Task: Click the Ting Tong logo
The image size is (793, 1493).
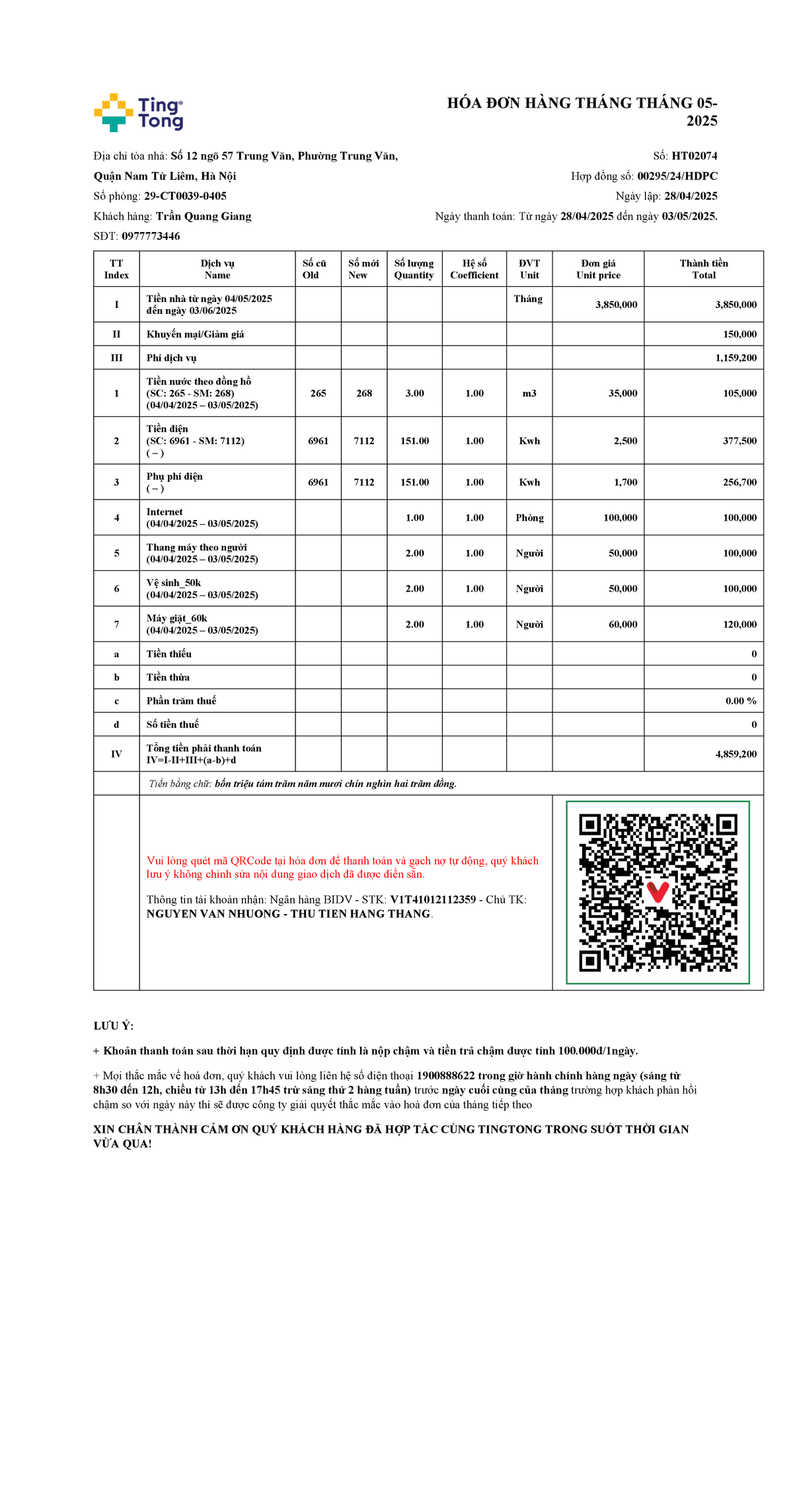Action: pyautogui.click(x=138, y=112)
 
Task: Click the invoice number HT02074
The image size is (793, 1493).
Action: pyautogui.click(x=694, y=156)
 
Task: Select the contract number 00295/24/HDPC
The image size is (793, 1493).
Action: pyautogui.click(x=677, y=176)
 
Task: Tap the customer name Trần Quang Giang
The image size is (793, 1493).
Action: pyautogui.click(x=204, y=216)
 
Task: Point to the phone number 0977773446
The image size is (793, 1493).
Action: pyautogui.click(x=151, y=236)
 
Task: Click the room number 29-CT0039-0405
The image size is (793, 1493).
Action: pyautogui.click(x=185, y=196)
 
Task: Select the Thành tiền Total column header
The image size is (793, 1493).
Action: pyautogui.click(x=703, y=269)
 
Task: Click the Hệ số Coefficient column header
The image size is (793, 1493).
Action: pyautogui.click(x=474, y=269)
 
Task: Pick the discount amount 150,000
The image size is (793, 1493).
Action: pyautogui.click(x=739, y=334)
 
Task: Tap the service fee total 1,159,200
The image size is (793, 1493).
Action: pyautogui.click(x=736, y=358)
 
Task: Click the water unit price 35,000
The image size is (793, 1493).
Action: pyautogui.click(x=623, y=393)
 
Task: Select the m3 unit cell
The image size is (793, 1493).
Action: pyautogui.click(x=529, y=393)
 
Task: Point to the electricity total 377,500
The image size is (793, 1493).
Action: pyautogui.click(x=739, y=441)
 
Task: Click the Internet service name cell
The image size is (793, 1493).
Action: pyautogui.click(x=202, y=517)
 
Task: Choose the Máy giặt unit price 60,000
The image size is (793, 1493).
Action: pyautogui.click(x=623, y=625)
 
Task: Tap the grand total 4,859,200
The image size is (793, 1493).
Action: pyautogui.click(x=736, y=754)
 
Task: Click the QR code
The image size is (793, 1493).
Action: pyautogui.click(x=658, y=892)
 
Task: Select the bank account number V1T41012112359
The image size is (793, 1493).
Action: pyautogui.click(x=433, y=900)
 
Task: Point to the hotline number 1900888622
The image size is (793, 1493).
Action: pyautogui.click(x=445, y=1075)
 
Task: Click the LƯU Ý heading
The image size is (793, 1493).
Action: pyautogui.click(x=114, y=1026)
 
